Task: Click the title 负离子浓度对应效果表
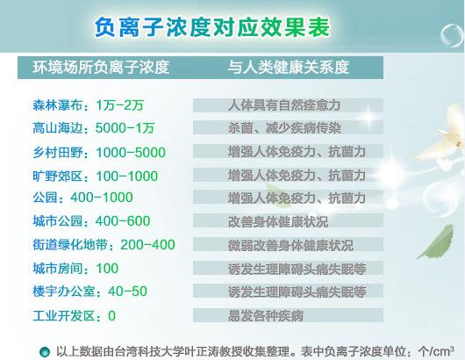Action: [x=211, y=25]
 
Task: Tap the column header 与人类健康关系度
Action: [x=288, y=67]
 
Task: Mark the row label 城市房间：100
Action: [x=62, y=268]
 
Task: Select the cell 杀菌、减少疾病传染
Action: [x=280, y=128]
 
